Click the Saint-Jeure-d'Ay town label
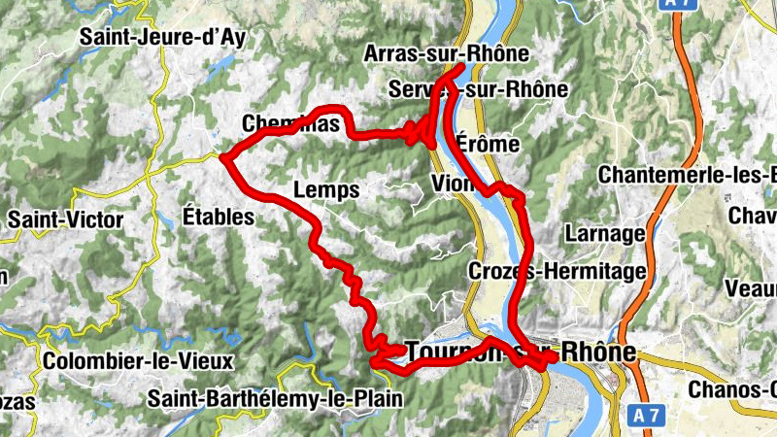coord(162,37)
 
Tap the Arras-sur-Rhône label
coord(446,53)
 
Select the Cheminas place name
coord(290,123)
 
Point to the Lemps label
coord(325,188)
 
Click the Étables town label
coord(218,216)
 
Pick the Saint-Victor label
coord(65,219)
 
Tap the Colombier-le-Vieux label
coord(138,361)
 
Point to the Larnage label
coord(604,233)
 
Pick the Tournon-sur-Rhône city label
coord(521,351)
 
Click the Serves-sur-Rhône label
coord(477,89)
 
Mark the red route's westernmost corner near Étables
coord(223,156)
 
